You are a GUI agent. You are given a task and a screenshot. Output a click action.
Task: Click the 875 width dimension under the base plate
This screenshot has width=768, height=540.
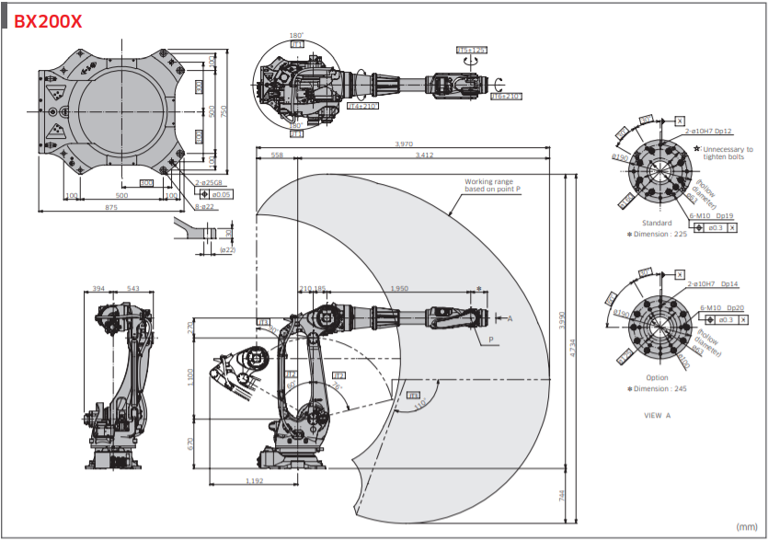click(x=111, y=209)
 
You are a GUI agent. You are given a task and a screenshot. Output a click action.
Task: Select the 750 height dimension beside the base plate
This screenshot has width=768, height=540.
click(x=224, y=110)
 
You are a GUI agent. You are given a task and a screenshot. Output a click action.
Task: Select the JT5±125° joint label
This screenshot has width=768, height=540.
click(x=472, y=50)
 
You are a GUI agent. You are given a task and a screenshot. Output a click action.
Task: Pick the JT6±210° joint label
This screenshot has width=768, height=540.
click(x=505, y=96)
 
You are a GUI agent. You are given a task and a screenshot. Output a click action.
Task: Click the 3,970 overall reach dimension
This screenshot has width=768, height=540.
click(x=404, y=144)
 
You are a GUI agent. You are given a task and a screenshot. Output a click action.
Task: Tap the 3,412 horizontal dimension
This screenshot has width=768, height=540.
click(x=424, y=155)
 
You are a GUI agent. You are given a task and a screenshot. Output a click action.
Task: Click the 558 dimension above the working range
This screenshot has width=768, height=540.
click(x=277, y=155)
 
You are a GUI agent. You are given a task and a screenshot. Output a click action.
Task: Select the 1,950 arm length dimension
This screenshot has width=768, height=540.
click(x=399, y=289)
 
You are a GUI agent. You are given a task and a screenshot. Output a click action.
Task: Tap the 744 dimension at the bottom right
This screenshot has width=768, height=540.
click(x=561, y=495)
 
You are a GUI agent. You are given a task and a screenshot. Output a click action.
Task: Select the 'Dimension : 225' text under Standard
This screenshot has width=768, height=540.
click(x=659, y=234)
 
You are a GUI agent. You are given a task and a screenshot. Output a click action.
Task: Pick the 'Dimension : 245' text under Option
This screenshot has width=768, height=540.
click(x=659, y=388)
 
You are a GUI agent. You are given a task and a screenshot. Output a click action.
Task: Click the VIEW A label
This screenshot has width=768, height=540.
click(x=657, y=415)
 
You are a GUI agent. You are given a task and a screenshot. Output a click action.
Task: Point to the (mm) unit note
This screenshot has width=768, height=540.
click(x=746, y=526)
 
